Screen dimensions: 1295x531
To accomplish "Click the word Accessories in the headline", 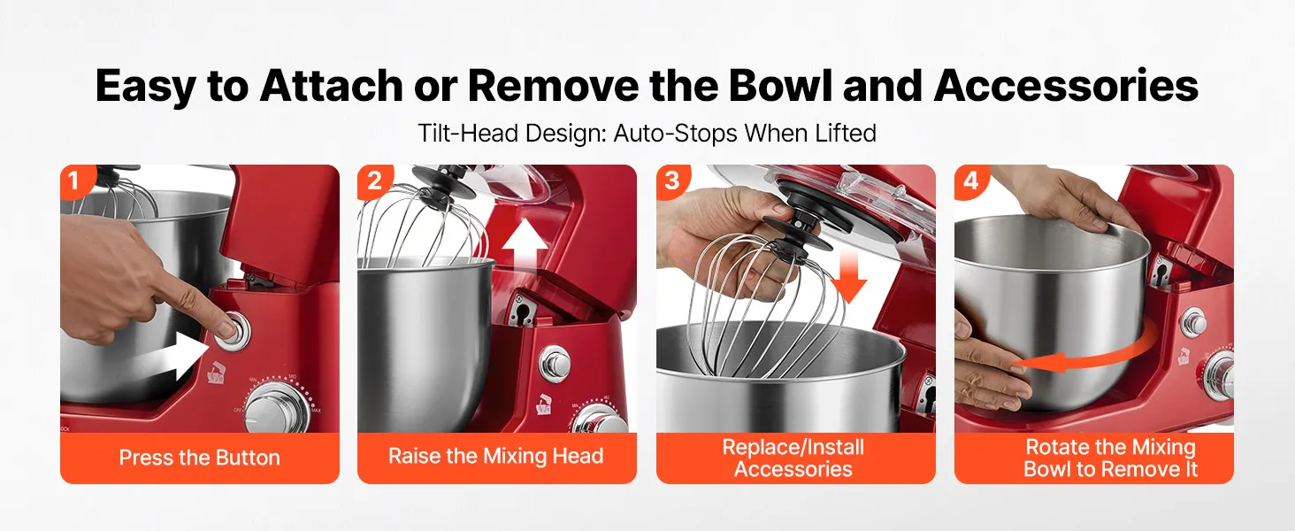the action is [x=1066, y=86].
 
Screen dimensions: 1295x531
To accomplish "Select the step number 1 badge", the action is [x=74, y=181].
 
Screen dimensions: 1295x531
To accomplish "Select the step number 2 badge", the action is [x=373, y=181].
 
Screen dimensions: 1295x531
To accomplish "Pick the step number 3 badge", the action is [x=671, y=181].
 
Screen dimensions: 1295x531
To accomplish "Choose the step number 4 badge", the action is [x=970, y=181].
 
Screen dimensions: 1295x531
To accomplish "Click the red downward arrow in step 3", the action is [x=848, y=279].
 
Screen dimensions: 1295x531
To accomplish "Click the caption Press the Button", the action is [x=199, y=458].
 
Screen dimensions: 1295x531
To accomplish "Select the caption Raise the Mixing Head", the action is [x=496, y=456].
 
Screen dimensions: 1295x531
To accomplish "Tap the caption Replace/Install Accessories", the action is [x=793, y=458].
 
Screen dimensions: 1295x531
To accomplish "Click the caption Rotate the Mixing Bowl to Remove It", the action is [x=1111, y=458].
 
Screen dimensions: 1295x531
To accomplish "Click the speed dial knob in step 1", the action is [x=276, y=408].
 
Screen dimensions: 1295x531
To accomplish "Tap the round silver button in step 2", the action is [x=555, y=364].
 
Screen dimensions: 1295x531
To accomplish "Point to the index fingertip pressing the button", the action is [x=223, y=326].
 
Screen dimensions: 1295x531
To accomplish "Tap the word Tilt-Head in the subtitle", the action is [x=468, y=133].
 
